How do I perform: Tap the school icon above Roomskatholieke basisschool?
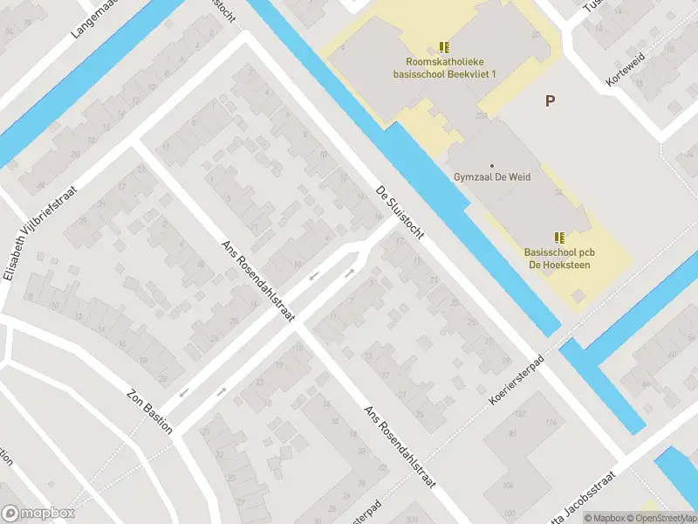(x=444, y=47)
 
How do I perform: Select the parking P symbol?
(x=550, y=101)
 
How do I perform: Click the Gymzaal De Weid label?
(x=492, y=176)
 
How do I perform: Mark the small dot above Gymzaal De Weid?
(x=492, y=165)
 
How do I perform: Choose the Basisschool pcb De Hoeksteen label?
(x=559, y=258)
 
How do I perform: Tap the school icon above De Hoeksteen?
(x=559, y=237)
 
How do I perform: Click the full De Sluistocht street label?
(x=398, y=215)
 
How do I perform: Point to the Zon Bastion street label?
(x=150, y=410)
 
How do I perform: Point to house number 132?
(x=521, y=413)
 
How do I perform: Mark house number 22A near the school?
(x=481, y=114)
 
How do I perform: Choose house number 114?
(x=551, y=424)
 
